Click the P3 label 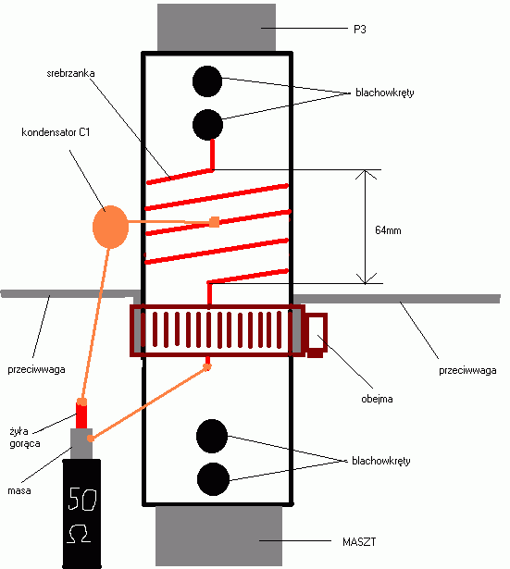[360, 29]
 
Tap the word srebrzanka [70, 73]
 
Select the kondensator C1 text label [56, 132]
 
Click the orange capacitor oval [110, 227]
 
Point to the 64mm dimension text [388, 230]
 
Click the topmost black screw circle [207, 81]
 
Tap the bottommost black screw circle [213, 479]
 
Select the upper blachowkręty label [385, 93]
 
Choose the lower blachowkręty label [381, 461]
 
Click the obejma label [377, 399]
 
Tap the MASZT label [359, 542]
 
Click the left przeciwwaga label [36, 370]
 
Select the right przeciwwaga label [467, 370]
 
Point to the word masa [19, 490]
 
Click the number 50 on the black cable [82, 499]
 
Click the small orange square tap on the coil [215, 222]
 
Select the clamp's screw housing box [317, 335]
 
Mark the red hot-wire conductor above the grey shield [81, 414]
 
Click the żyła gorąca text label [25, 438]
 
